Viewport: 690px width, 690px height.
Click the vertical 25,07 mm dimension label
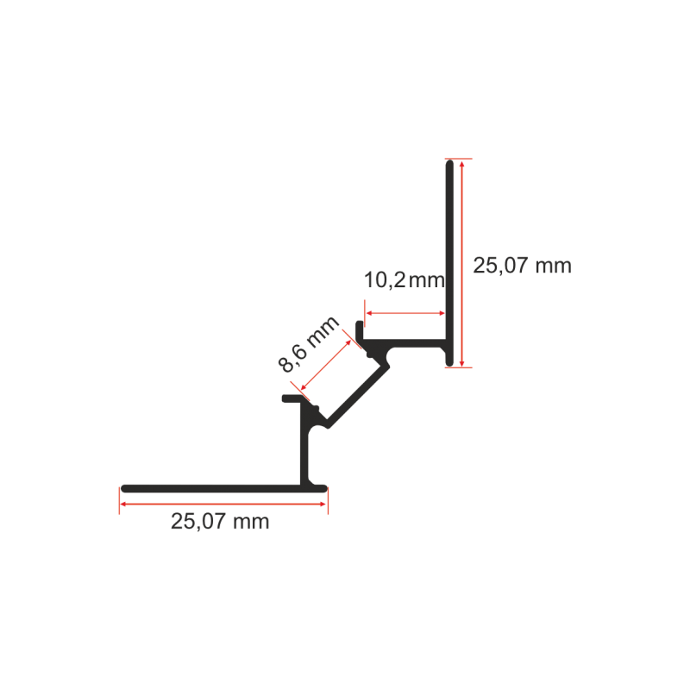click(x=522, y=266)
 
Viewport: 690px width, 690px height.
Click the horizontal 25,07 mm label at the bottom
click(x=220, y=522)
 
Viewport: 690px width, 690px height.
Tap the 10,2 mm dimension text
click(x=405, y=279)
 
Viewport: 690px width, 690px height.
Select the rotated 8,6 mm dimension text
click(x=309, y=344)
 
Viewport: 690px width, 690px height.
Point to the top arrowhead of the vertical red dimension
click(x=461, y=165)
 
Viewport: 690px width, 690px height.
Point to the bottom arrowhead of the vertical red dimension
click(x=461, y=362)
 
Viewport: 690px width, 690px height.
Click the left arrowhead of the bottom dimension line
click(x=123, y=504)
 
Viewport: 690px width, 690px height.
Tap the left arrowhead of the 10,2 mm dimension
click(x=370, y=313)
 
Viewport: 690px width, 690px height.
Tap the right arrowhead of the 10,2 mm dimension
click(x=442, y=313)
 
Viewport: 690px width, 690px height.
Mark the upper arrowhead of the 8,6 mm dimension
click(x=348, y=342)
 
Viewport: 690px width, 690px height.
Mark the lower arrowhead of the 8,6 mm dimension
click(x=304, y=387)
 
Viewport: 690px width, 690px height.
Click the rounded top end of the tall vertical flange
click(x=449, y=164)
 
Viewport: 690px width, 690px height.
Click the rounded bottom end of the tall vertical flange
click(x=449, y=362)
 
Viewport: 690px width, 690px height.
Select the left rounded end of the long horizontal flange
click(x=125, y=488)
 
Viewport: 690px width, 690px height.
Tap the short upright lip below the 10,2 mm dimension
click(x=359, y=331)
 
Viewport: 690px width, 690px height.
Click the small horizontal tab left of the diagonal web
click(x=292, y=398)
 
